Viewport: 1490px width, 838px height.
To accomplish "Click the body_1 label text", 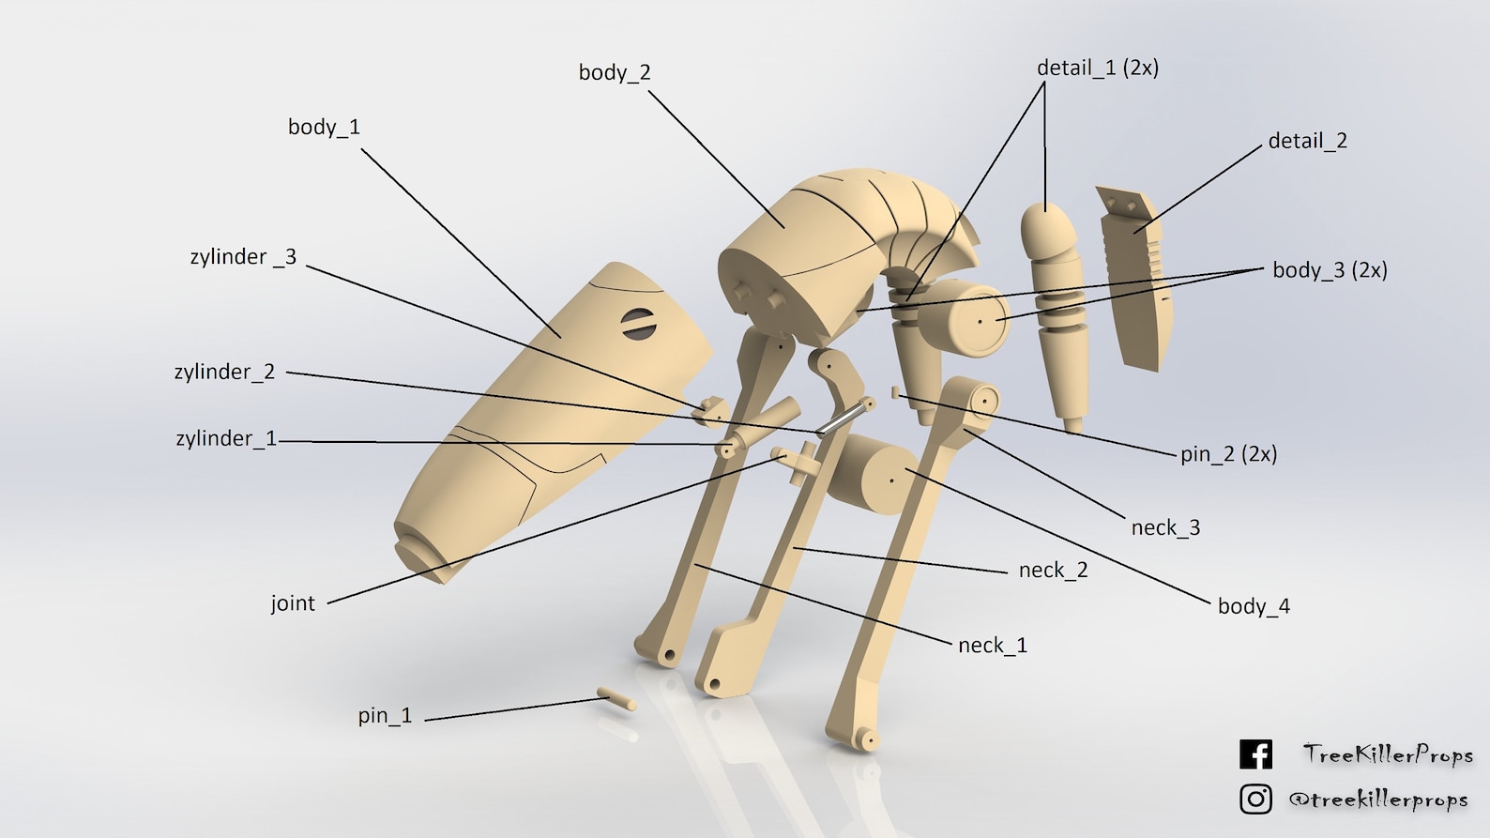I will (324, 127).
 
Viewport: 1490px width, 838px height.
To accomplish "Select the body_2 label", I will (614, 72).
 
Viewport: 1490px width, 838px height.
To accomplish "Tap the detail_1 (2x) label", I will (1097, 68).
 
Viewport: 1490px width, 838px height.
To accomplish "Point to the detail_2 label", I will (1307, 141).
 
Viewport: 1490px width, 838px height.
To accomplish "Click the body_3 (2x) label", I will (1329, 270).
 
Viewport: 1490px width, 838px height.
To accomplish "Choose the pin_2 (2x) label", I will (1227, 454).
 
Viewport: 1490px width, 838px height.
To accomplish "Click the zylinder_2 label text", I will (224, 372).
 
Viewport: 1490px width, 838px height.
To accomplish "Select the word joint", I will (293, 603).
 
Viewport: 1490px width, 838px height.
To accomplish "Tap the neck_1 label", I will (992, 646).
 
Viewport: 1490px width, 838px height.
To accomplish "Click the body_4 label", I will (1253, 606).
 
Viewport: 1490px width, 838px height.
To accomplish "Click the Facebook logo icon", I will (1255, 754).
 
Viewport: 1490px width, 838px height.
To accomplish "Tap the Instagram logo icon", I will (1255, 799).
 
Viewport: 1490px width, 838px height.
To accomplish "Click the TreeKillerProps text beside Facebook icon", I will (1387, 754).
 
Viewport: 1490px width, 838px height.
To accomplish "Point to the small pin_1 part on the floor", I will (616, 699).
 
